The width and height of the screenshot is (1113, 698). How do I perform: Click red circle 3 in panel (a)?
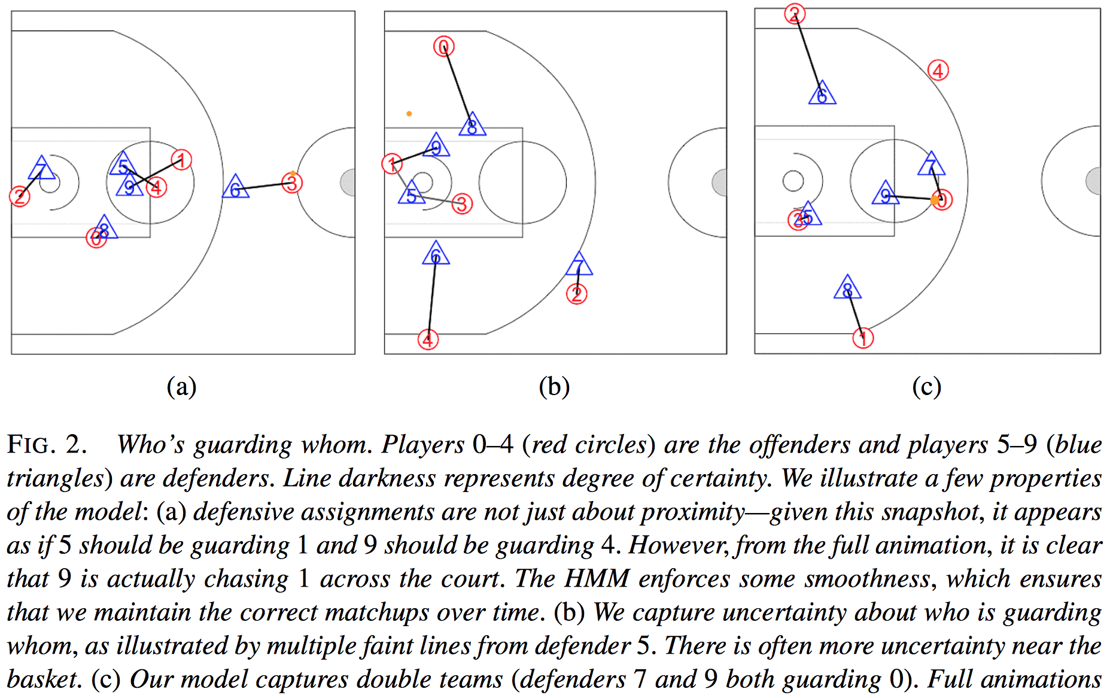click(292, 183)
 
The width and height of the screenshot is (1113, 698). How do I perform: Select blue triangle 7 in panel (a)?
click(41, 169)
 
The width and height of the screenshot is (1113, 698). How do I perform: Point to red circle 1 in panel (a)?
click(181, 160)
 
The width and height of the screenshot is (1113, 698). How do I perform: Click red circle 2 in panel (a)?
click(20, 196)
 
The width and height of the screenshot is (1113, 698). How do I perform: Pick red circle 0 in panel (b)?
click(444, 47)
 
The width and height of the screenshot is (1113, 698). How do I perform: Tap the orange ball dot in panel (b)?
click(409, 114)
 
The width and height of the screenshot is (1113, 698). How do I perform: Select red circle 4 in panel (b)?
click(428, 339)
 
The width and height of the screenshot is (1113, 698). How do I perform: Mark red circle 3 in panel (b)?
click(462, 204)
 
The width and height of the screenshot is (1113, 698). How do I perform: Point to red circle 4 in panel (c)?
click(938, 71)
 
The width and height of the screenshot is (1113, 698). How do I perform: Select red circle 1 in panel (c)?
click(863, 338)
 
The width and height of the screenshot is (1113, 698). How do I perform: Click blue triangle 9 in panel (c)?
click(886, 195)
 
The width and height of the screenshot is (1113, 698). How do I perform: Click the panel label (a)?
click(181, 387)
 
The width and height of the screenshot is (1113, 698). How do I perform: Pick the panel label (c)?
click(926, 387)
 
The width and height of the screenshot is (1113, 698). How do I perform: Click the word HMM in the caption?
click(597, 579)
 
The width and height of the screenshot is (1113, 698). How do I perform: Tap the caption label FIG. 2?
click(47, 445)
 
